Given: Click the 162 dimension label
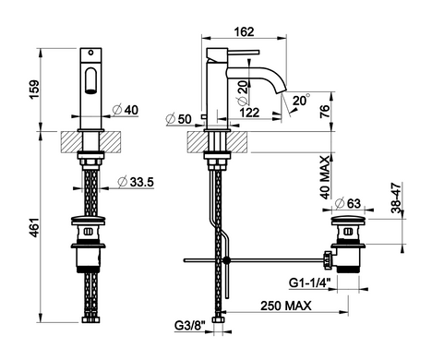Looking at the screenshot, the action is [244, 31].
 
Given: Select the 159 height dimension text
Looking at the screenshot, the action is [34, 90].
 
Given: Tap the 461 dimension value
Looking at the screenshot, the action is [34, 228].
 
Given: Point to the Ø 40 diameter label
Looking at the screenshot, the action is [126, 110].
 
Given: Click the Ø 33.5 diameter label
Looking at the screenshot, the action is [136, 182].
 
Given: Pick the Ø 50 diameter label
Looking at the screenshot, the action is [178, 119].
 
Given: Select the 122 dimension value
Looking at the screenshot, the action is [249, 113].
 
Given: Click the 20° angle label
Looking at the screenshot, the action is [301, 101].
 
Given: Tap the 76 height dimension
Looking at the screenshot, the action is [325, 112].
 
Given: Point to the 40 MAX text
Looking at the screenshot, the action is [325, 177].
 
